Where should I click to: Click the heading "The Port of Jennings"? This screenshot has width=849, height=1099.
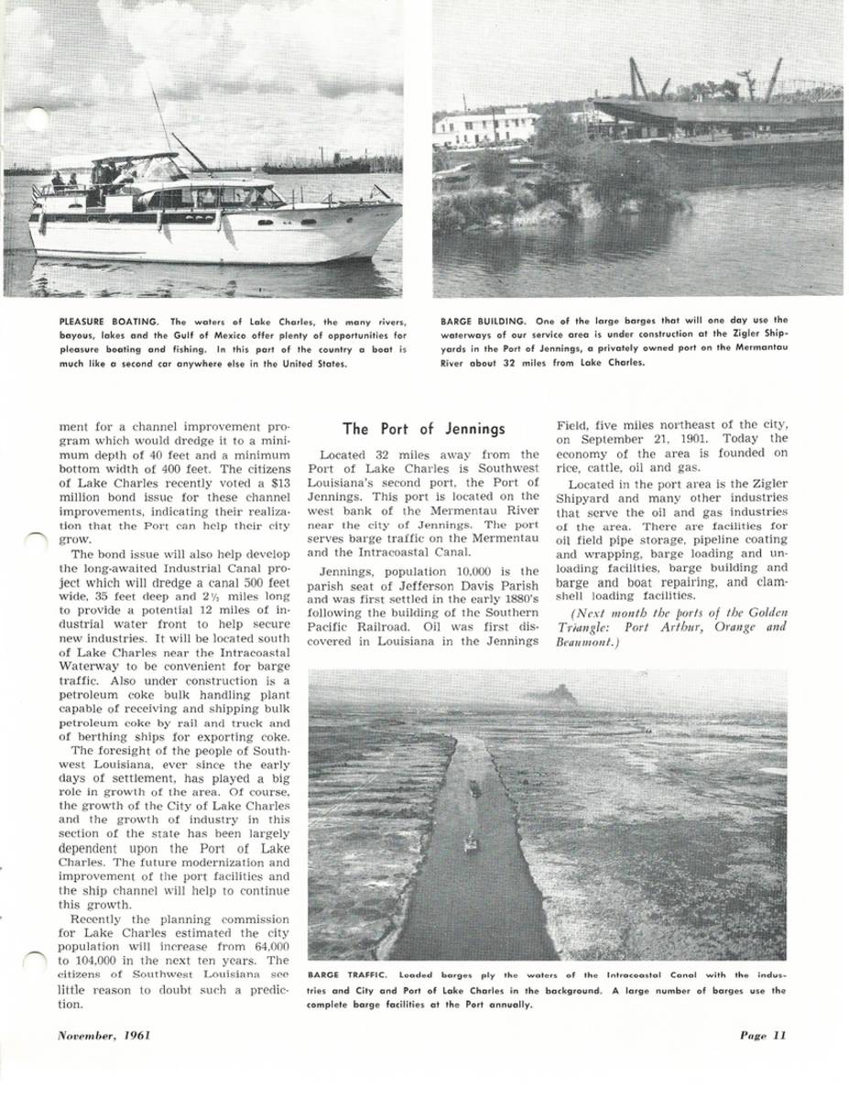click(x=423, y=429)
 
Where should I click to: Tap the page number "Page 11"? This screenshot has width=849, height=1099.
click(x=764, y=1036)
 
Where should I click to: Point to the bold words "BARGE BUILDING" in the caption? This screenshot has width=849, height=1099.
click(x=483, y=321)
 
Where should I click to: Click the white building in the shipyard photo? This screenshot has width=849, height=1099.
click(x=485, y=127)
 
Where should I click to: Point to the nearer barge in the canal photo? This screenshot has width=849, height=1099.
click(x=471, y=842)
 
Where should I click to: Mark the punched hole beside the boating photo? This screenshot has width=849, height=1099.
click(x=36, y=118)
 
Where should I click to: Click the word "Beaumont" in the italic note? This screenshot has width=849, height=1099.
click(x=578, y=643)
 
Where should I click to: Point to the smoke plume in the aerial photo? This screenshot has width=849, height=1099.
click(x=556, y=696)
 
